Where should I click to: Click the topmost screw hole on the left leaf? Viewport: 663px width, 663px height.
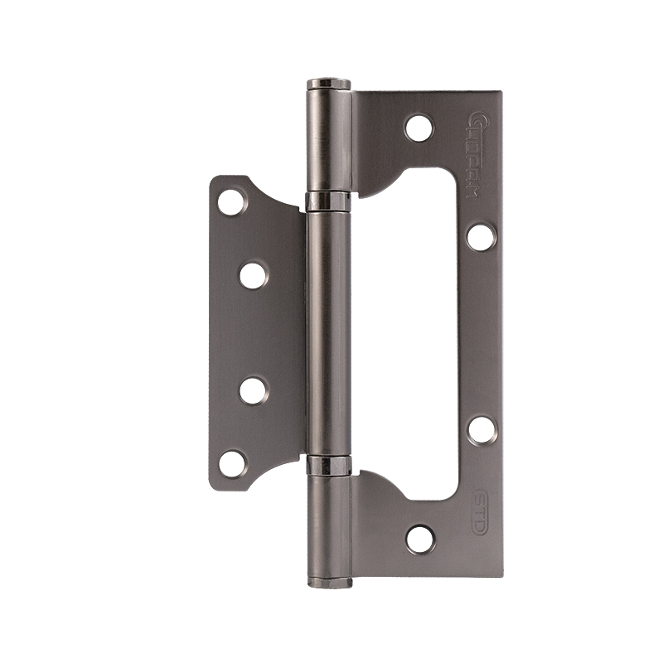(x=232, y=201)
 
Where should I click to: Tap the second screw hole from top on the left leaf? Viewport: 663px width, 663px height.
(x=254, y=274)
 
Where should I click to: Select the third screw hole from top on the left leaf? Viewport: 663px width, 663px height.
(x=254, y=390)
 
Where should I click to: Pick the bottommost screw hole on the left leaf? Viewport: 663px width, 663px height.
(x=232, y=463)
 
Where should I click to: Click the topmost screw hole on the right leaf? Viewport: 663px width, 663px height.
(x=419, y=127)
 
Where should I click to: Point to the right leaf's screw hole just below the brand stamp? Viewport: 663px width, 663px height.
(x=481, y=236)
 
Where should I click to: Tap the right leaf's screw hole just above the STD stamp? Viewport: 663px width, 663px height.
(x=481, y=429)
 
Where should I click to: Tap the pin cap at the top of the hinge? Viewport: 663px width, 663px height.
(x=329, y=84)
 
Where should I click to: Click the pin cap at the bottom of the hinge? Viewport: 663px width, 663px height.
(x=330, y=582)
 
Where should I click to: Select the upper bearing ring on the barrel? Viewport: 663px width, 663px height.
(x=328, y=201)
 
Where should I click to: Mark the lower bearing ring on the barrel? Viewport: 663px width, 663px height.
(x=329, y=466)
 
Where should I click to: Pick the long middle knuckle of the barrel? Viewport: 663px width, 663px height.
(x=328, y=331)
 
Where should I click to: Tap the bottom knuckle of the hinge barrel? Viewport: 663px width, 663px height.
(x=330, y=526)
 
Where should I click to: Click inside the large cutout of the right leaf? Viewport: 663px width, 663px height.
(x=414, y=331)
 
